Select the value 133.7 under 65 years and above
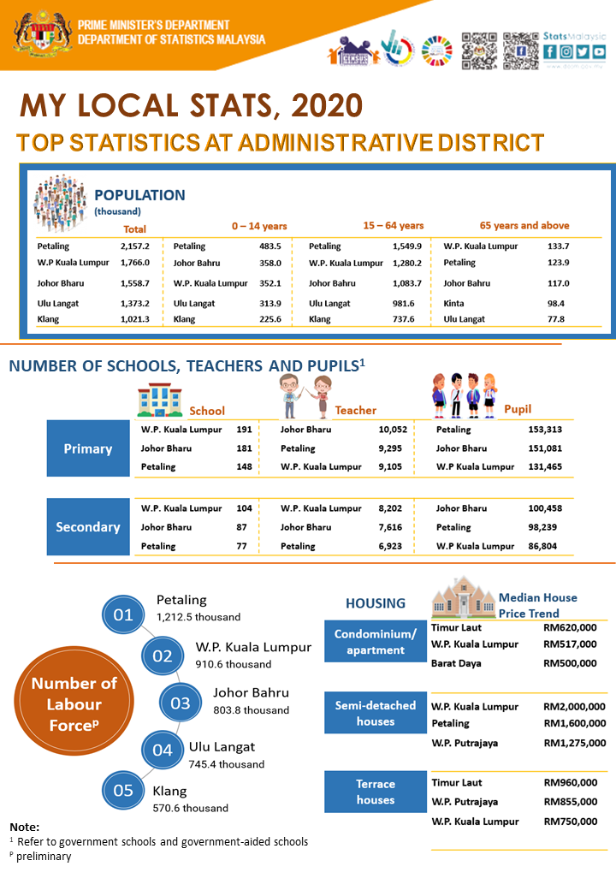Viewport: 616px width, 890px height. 558,246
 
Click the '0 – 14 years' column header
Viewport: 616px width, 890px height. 259,226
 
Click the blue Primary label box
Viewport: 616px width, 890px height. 88,448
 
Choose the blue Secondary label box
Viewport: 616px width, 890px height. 88,527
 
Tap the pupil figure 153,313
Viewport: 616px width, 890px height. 545,430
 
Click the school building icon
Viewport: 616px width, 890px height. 160,400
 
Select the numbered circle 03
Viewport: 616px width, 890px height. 180,703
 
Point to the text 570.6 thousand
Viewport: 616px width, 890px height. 190,808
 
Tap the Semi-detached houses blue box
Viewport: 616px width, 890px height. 375,713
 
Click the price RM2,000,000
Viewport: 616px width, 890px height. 574,707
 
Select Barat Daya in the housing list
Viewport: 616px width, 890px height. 456,663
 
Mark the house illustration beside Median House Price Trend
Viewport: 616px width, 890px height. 462,597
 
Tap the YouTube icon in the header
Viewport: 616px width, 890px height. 599,52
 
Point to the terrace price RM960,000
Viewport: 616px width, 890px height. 570,782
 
